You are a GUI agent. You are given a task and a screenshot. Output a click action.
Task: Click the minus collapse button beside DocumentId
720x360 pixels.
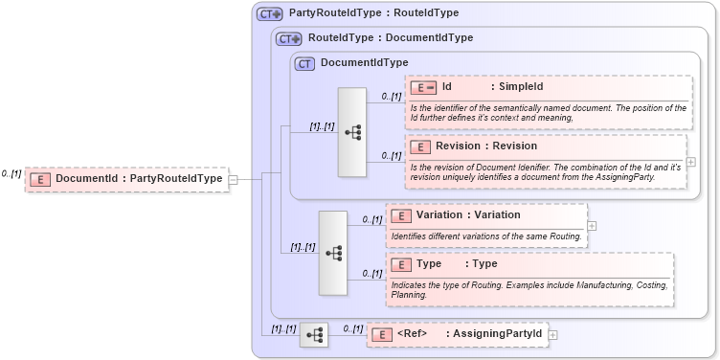[x=233, y=179]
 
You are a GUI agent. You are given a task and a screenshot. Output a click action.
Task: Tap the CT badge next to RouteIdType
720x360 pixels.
[x=288, y=38]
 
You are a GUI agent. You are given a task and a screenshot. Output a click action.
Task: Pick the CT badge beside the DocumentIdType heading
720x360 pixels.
[x=305, y=63]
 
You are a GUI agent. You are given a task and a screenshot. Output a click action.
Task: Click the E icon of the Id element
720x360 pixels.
[x=423, y=87]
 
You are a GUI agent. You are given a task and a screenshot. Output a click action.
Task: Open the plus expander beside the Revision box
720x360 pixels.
[x=690, y=162]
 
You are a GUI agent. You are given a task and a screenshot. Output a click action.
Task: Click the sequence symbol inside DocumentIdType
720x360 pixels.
[x=352, y=132]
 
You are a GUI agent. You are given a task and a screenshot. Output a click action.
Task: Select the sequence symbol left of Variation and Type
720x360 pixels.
[x=333, y=253]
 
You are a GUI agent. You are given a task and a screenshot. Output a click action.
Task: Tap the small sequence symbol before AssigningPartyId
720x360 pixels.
[x=314, y=334]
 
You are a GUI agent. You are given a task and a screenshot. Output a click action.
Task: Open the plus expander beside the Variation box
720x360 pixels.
[x=591, y=226]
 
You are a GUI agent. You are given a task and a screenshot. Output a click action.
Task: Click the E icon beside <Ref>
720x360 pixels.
[x=382, y=334]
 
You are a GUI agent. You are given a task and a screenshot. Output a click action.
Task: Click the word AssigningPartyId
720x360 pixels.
[x=498, y=334]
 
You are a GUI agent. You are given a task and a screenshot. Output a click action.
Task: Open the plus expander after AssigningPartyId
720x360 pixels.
[x=552, y=334]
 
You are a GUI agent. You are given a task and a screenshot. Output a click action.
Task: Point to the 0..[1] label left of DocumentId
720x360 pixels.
[x=11, y=174]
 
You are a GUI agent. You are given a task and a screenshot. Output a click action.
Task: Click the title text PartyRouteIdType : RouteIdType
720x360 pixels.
[x=373, y=13]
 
